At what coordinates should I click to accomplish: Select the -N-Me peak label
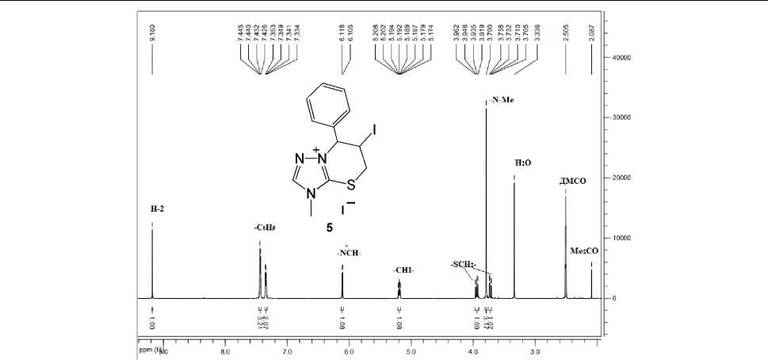(499, 101)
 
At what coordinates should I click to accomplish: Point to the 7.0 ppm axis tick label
(287, 350)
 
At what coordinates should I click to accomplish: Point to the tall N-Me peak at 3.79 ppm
(486, 198)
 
